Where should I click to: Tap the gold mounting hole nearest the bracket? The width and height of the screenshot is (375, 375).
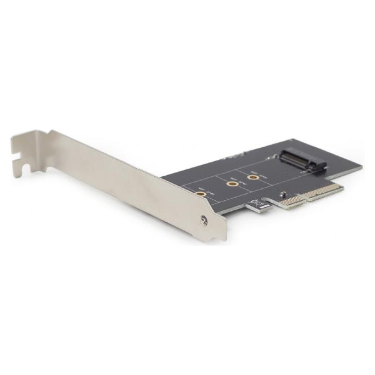pyautogui.click(x=201, y=194)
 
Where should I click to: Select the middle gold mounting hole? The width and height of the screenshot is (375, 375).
pyautogui.click(x=231, y=185)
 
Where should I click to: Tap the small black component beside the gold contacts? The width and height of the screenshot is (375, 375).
pyautogui.click(x=282, y=194)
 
